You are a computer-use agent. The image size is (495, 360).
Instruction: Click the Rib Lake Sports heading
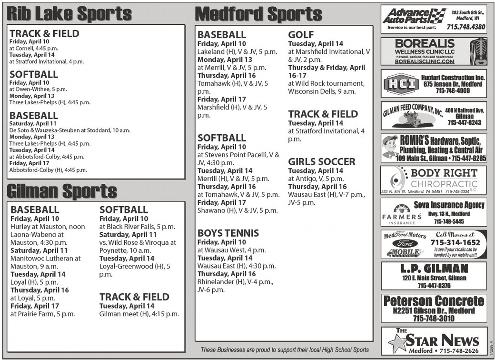[x=69, y=14]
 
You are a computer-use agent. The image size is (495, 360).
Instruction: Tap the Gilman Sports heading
[x=62, y=191]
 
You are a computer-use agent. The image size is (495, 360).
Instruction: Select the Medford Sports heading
[x=259, y=14]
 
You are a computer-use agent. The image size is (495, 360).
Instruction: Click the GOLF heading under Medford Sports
[x=301, y=35]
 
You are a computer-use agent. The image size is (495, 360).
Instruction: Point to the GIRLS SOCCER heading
[x=322, y=162]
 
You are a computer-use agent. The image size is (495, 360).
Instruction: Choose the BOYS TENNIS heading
[x=228, y=233]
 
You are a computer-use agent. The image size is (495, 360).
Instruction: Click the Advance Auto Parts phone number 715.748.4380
[x=466, y=27]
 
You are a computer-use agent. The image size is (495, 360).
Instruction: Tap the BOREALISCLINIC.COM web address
[x=425, y=61]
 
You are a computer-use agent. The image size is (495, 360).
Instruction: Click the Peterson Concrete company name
[x=434, y=301]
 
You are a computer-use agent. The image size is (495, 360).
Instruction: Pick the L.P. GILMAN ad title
[x=434, y=269]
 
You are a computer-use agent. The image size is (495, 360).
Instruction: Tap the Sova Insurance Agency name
[x=455, y=205]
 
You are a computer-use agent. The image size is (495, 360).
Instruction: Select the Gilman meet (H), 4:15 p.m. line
[x=139, y=314]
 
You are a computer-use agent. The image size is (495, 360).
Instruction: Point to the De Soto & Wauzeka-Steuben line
[x=69, y=130]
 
